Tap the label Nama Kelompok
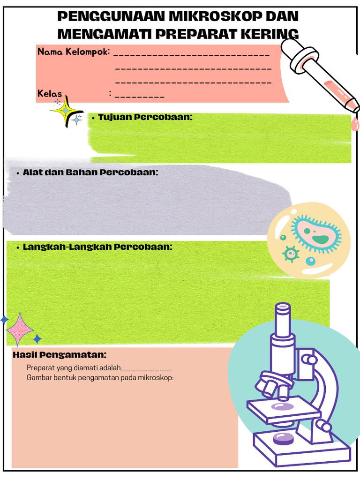(x=74, y=51)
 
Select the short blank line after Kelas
(x=139, y=96)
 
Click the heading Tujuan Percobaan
(x=145, y=117)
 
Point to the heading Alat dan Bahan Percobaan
(x=90, y=172)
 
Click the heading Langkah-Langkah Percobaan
(x=97, y=247)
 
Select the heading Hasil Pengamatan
(x=60, y=355)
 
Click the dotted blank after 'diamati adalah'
(x=147, y=369)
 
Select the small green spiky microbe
(x=291, y=254)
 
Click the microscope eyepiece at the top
(x=283, y=309)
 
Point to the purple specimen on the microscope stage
(x=282, y=406)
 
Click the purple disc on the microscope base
(x=283, y=438)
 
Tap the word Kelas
(x=50, y=94)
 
